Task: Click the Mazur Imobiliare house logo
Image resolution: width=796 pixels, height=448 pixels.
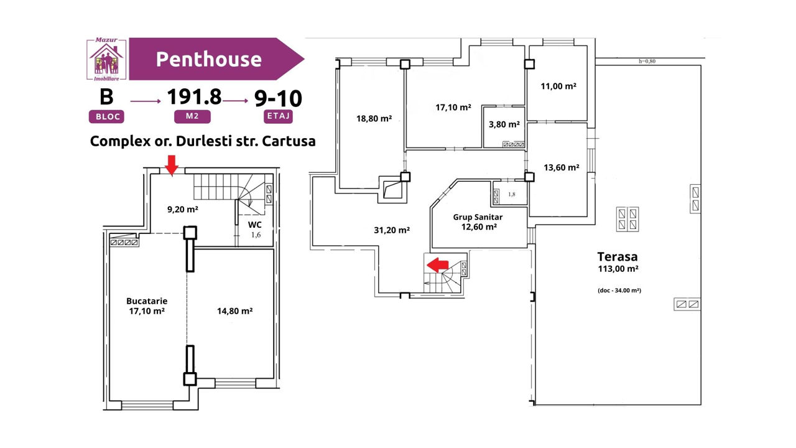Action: pos(106,59)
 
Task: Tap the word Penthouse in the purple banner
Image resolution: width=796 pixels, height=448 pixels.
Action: pos(208,59)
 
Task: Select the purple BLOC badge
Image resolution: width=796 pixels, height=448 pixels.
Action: pos(106,116)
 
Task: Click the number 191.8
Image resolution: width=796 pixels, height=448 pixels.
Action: pos(194,96)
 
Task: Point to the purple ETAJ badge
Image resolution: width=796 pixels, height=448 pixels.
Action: pos(278,116)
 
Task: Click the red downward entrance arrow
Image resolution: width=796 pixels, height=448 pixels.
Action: pos(172,166)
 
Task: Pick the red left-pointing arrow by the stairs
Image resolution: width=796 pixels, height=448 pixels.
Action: pos(437,265)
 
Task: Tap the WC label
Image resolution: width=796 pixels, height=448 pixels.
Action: pos(255,225)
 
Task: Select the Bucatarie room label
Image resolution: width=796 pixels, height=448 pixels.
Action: pos(147,301)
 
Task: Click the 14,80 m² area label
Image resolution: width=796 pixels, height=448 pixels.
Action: pos(235,311)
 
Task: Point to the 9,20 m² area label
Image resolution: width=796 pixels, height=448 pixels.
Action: pos(183,210)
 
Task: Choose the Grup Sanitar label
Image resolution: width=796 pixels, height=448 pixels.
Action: pos(478,217)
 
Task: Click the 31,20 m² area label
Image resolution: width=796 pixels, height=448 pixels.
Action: pos(392,230)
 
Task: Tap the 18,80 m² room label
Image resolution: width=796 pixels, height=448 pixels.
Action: pos(374,118)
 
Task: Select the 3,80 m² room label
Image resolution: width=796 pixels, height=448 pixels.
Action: pos(504,124)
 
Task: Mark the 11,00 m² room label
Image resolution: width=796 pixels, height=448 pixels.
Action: pos(558,86)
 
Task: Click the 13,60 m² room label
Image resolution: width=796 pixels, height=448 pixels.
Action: pos(562,167)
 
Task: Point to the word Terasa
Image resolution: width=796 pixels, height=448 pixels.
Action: pos(618,256)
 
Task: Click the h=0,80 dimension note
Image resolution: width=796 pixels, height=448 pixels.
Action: pos(647,61)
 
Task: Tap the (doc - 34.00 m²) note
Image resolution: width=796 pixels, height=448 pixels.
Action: pos(619,291)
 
